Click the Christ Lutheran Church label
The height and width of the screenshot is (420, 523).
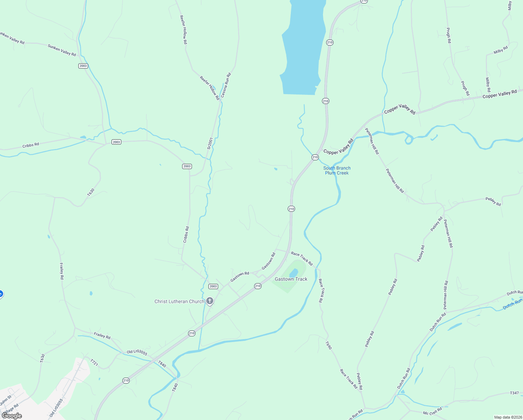tap(179, 301)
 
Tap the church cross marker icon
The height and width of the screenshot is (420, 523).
tap(210, 301)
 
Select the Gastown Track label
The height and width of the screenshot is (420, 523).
tap(291, 279)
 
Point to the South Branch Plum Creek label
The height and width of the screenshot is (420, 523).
tap(337, 170)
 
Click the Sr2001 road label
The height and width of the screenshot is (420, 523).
tap(210, 143)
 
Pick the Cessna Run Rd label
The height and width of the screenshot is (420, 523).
tap(226, 85)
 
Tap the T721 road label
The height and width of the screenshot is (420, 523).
tap(94, 363)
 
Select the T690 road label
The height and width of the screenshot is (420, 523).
tap(328, 345)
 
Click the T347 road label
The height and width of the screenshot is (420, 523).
tap(514, 393)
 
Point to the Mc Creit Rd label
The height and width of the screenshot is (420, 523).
tap(432, 411)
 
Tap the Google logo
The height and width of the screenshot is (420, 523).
tap(12, 416)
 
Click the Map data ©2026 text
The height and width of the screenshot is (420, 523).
tap(508, 417)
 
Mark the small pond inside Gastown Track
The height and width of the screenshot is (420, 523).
tap(294, 272)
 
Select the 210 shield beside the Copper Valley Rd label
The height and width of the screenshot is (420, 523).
tap(315, 157)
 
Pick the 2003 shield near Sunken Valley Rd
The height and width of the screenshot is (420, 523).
tap(83, 66)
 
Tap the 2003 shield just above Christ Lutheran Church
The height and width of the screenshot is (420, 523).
tap(213, 286)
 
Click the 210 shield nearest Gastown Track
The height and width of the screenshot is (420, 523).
tap(258, 286)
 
